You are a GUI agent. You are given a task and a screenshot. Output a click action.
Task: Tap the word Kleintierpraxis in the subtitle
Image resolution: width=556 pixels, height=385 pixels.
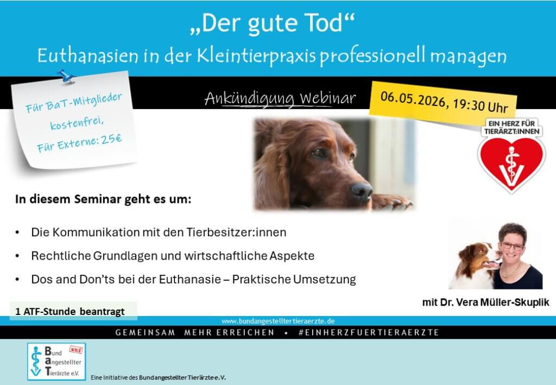pyautogui.click(x=256, y=56)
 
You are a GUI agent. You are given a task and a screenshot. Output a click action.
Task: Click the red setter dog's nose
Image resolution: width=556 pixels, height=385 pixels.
pyautogui.click(x=362, y=191)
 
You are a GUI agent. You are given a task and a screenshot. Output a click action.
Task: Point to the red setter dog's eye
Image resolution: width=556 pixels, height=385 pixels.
pyautogui.click(x=319, y=153)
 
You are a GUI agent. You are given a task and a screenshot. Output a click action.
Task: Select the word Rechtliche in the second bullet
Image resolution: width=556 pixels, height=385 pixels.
pyautogui.click(x=61, y=256)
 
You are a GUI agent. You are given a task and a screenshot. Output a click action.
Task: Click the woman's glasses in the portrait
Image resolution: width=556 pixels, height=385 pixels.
pyautogui.click(x=512, y=245)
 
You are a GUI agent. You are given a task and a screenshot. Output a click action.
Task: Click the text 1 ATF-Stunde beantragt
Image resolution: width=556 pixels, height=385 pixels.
pyautogui.click(x=70, y=312)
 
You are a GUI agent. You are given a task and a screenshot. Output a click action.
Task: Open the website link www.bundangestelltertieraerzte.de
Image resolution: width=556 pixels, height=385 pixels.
pyautogui.click(x=278, y=321)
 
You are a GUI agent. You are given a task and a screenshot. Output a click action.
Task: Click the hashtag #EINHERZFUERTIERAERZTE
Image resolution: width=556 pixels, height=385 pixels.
pyautogui.click(x=369, y=332)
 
